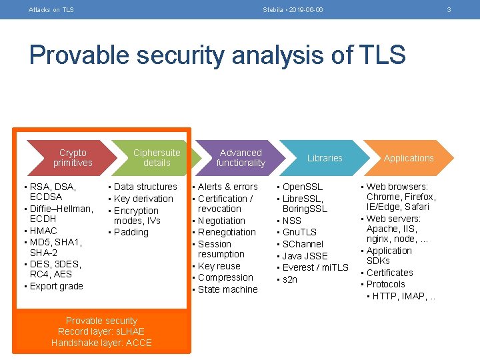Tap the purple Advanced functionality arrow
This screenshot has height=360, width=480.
(241, 158)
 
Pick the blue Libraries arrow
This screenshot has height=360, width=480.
(325, 158)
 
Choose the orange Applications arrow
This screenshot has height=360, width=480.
(409, 158)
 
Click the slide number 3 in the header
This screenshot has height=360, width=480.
(449, 9)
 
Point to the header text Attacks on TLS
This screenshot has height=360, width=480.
(51, 9)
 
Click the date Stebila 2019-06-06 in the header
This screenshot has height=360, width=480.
(293, 9)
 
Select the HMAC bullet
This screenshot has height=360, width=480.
(44, 231)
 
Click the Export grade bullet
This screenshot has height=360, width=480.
(57, 286)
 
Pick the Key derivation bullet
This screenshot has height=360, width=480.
(143, 199)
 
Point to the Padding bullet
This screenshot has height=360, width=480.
(131, 232)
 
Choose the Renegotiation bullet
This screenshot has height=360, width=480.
(227, 232)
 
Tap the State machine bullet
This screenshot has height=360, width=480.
(227, 289)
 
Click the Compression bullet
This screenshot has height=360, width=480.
(225, 277)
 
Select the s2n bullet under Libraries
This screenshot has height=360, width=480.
(290, 279)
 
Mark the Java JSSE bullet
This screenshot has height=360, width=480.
(305, 256)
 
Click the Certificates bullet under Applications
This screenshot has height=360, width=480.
(389, 273)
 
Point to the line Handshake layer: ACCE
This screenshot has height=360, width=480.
(102, 343)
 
